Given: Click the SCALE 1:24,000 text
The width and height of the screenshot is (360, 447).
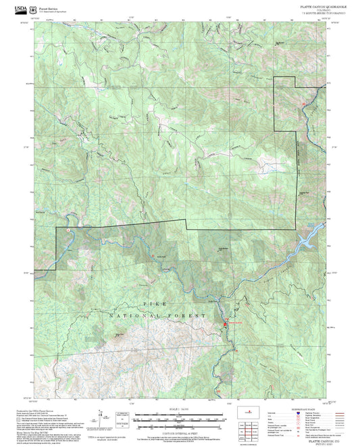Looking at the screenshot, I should pos(179,409).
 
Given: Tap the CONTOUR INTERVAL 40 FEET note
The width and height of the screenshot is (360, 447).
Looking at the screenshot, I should pos(179,427).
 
